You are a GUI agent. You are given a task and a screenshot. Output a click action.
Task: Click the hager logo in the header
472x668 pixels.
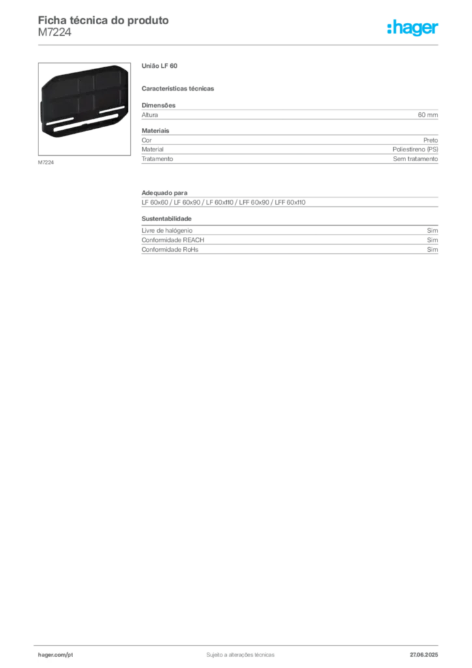click(x=413, y=28)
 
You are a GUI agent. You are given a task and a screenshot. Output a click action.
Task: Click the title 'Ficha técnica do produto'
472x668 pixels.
click(x=104, y=20)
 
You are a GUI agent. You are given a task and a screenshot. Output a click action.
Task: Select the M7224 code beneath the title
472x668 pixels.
click(x=55, y=32)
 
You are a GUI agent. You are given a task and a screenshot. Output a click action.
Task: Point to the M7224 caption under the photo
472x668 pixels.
click(x=46, y=162)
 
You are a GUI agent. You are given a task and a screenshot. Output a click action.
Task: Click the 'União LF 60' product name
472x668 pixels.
click(x=160, y=66)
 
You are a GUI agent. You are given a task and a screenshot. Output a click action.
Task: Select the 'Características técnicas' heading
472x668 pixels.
click(x=178, y=89)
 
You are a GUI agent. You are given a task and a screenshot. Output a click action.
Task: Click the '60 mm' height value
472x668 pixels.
click(x=428, y=115)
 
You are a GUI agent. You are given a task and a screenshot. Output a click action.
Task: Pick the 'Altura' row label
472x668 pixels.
click(x=150, y=115)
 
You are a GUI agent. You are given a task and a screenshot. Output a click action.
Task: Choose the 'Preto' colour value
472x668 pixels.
click(x=431, y=140)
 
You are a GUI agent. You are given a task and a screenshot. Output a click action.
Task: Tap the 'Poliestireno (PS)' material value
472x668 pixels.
click(x=415, y=149)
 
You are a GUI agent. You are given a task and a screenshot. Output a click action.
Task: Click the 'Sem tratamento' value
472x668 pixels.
click(x=415, y=159)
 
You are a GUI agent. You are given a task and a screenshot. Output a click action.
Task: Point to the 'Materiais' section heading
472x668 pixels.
click(x=155, y=130)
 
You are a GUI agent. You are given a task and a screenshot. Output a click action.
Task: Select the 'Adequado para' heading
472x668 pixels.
click(x=164, y=193)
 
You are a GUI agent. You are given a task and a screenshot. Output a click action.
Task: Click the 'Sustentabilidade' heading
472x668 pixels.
click(x=167, y=219)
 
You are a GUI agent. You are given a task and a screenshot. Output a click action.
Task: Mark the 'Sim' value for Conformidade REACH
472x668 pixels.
click(x=432, y=240)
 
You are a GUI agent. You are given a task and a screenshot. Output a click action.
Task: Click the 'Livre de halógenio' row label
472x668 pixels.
click(x=167, y=230)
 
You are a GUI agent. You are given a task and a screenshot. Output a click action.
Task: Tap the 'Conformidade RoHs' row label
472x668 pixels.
click(x=170, y=250)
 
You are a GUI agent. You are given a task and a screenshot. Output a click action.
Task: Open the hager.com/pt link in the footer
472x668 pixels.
click(x=55, y=655)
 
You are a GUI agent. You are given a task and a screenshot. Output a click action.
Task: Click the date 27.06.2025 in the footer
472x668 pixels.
click(x=424, y=655)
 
